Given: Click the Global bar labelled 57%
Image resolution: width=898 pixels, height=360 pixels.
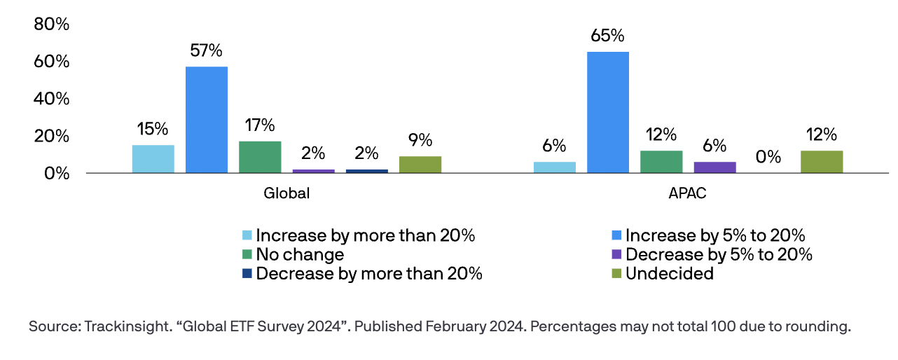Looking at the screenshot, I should (207, 120).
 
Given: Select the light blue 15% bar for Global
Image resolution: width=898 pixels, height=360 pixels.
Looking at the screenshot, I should (153, 159).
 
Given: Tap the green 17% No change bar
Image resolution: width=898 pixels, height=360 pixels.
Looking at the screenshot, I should (260, 157).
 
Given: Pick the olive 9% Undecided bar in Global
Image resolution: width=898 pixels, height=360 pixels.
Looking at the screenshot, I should (420, 165).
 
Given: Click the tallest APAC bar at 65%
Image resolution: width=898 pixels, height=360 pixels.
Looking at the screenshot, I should (608, 112).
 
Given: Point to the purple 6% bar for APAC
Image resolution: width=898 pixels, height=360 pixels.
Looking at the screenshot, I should (714, 167).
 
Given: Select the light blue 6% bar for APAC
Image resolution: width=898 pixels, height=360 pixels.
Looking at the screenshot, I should (555, 167).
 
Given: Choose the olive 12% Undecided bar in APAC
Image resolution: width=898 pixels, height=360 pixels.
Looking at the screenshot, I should (822, 162).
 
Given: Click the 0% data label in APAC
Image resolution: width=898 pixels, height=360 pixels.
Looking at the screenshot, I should (768, 157).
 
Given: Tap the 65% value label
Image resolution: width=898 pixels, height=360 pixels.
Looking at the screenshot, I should (608, 36).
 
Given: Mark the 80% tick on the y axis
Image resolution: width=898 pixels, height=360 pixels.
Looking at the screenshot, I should (52, 25).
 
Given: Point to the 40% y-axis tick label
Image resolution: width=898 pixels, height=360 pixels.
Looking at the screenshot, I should (52, 99).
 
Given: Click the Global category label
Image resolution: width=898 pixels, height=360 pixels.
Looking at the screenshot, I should (286, 194).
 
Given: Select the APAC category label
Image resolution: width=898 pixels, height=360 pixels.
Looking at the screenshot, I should (688, 194).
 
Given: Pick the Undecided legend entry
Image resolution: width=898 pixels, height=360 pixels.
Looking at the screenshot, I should (669, 273).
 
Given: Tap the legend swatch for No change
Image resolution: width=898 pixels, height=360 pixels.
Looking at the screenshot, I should (247, 254).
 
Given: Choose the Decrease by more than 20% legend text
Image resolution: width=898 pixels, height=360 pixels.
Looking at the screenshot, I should (369, 273).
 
